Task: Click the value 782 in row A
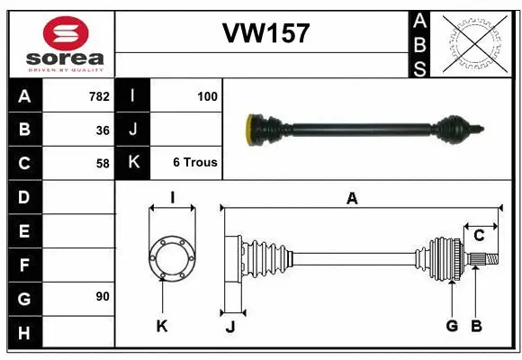pyautogui.click(x=98, y=96)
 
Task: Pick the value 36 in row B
pyautogui.click(x=102, y=130)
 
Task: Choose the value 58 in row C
pyautogui.click(x=102, y=163)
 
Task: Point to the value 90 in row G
pyautogui.click(x=102, y=296)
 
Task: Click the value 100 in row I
pyautogui.click(x=206, y=96)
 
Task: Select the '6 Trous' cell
pyautogui.click(x=195, y=163)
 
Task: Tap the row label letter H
pyautogui.click(x=24, y=334)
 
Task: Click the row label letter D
pyautogui.click(x=24, y=196)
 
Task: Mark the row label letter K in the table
pyautogui.click(x=133, y=163)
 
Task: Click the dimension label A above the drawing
pyautogui.click(x=353, y=200)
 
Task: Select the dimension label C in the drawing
pyautogui.click(x=479, y=237)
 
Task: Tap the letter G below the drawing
pyautogui.click(x=452, y=326)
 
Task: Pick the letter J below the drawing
pyautogui.click(x=229, y=327)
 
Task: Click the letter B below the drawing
pyautogui.click(x=476, y=326)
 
